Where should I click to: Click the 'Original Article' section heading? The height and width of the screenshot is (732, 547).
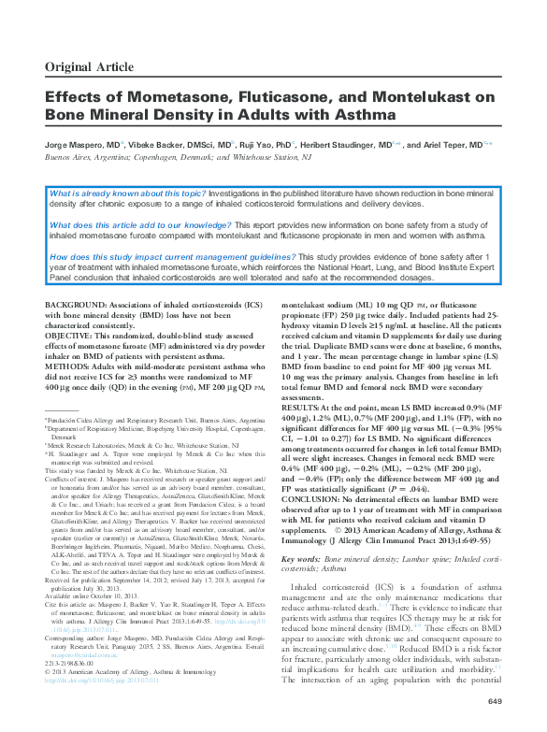[x=91, y=65]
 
